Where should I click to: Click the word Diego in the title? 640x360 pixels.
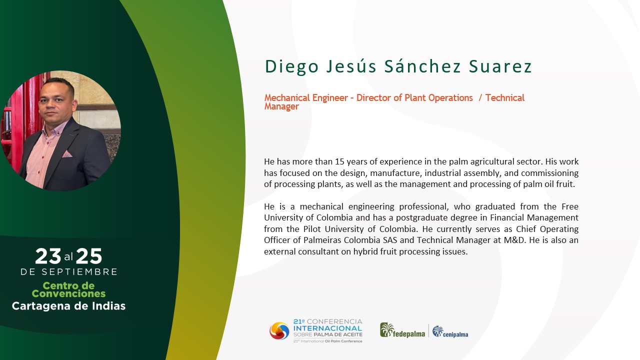click(291, 67)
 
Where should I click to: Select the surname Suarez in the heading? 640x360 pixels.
click(500, 66)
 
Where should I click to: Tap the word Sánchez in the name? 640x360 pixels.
click(422, 66)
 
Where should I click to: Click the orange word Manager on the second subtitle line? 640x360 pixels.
click(281, 106)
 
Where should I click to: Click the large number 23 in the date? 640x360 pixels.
click(48, 256)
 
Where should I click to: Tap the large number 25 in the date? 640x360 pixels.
click(89, 256)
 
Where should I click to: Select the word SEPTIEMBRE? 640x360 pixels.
click(79, 271)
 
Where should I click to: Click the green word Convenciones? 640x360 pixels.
click(68, 293)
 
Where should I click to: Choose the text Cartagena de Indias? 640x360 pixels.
click(68, 306)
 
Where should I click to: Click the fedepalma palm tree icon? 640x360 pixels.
click(387, 330)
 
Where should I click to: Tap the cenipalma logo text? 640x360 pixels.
click(455, 334)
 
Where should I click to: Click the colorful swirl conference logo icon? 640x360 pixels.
click(279, 331)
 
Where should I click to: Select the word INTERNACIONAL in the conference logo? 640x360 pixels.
click(327, 328)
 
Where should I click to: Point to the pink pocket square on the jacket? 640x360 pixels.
click(67, 154)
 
